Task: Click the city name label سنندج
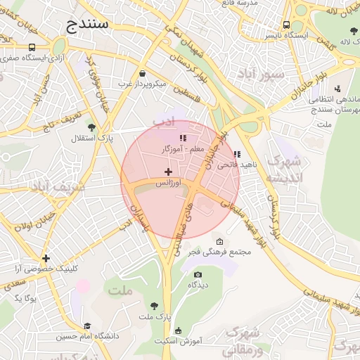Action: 88,26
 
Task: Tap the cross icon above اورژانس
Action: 167,172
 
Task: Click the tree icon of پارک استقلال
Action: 91,127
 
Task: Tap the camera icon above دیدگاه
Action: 198,274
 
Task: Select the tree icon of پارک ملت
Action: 154,306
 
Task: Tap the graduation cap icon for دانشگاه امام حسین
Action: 87,326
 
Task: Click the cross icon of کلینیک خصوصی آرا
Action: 46,258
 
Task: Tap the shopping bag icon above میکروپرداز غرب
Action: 143,73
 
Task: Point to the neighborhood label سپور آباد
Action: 260,73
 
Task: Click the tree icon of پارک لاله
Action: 353,30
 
